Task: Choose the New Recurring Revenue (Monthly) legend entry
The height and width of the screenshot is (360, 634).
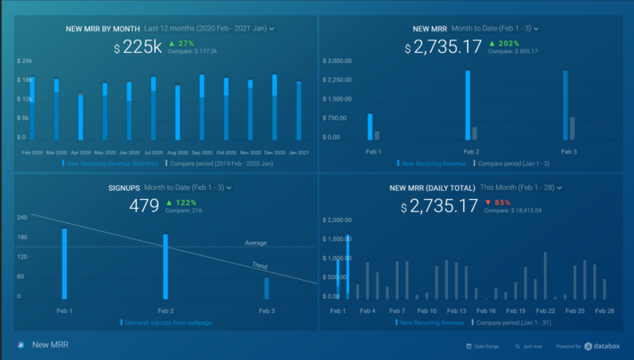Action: (111, 163)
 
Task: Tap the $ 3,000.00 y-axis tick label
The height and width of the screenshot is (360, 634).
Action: (342, 61)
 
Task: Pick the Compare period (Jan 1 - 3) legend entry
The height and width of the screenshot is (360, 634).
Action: (511, 163)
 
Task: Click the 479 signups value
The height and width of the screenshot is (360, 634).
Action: (144, 206)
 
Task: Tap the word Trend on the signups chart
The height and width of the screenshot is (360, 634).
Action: (259, 266)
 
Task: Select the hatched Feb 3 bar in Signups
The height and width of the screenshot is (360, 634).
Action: (267, 288)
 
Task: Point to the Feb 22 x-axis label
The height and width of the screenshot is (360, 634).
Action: (545, 311)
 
